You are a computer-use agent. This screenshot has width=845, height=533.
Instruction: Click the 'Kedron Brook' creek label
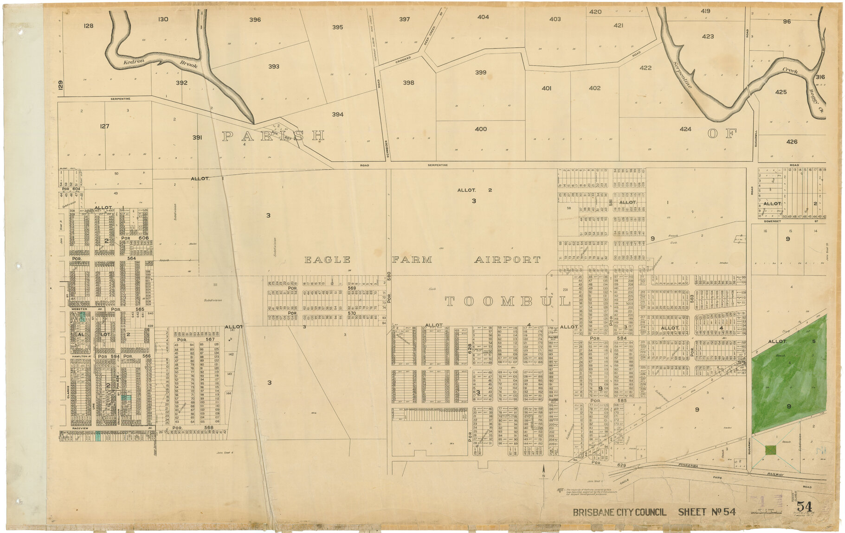160,63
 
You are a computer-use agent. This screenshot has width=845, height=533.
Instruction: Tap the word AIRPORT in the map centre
507,260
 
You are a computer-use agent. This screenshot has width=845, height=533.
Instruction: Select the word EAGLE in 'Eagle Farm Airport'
327,260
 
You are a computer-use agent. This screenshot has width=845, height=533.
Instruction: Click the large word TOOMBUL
507,302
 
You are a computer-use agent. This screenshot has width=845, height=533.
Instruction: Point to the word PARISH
273,136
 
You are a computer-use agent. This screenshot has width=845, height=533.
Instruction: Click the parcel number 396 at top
255,20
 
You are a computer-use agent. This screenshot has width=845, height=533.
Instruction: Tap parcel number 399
480,73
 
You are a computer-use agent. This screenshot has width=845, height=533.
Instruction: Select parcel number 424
685,129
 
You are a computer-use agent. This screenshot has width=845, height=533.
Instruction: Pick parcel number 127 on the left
104,126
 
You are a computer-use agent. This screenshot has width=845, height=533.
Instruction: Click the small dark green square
770,450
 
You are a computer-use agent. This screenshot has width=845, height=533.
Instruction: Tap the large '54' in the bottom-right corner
804,507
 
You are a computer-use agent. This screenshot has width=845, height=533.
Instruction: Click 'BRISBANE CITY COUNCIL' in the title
619,512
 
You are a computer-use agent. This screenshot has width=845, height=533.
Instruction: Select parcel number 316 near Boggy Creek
820,77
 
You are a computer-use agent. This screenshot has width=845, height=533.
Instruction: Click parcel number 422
645,68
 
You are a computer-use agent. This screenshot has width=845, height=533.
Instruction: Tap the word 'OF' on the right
722,134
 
